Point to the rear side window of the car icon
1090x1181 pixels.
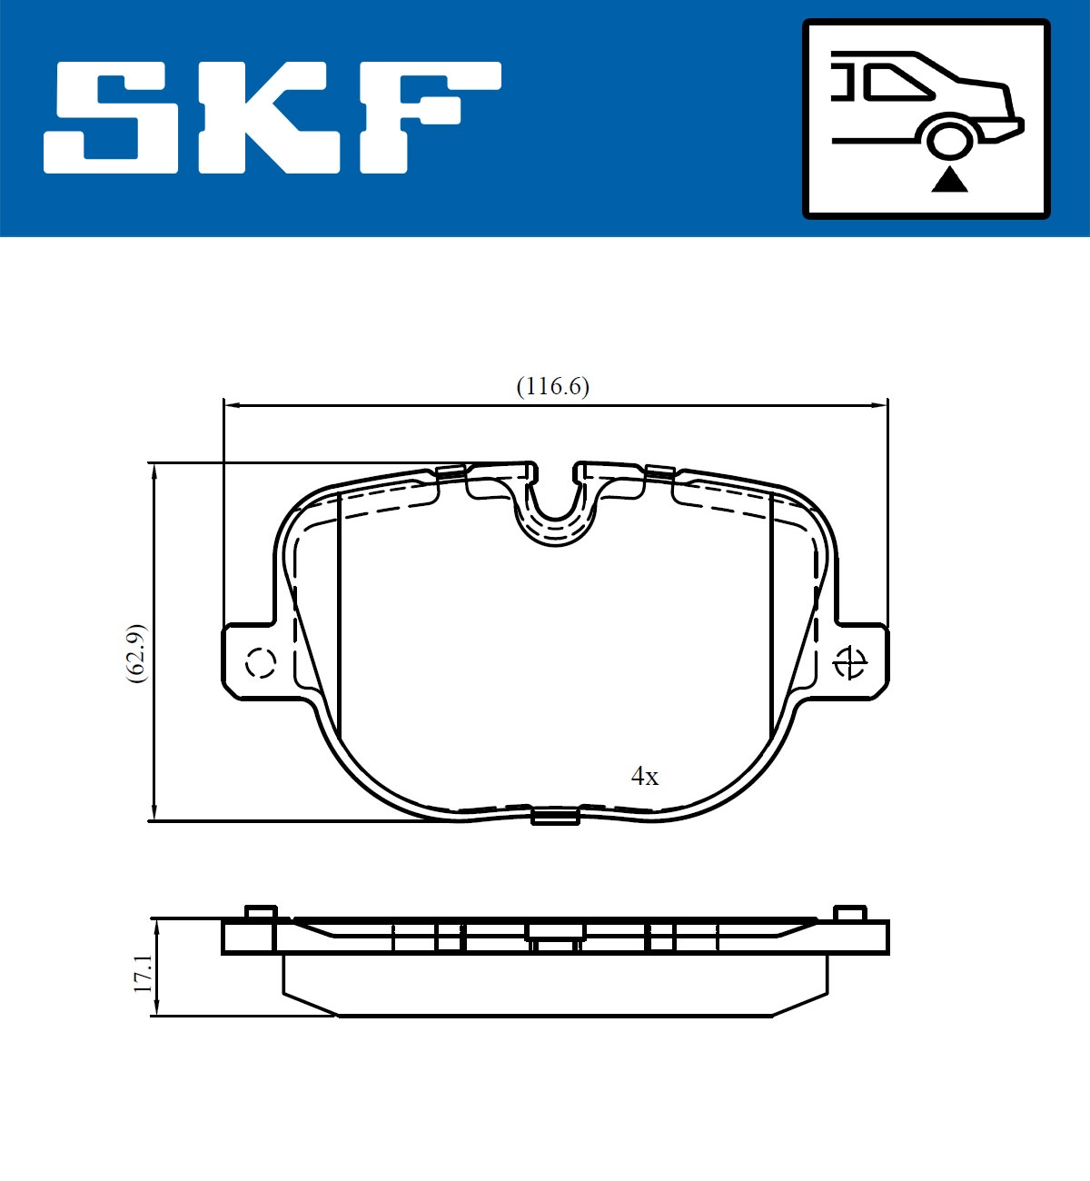click(x=895, y=82)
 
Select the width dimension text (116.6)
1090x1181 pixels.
click(x=552, y=386)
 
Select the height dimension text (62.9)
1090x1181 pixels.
click(x=135, y=653)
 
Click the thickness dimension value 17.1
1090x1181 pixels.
click(x=143, y=973)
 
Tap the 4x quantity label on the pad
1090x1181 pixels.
click(x=645, y=777)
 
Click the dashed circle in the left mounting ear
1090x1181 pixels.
click(x=261, y=663)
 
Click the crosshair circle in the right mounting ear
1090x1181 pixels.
click(x=850, y=663)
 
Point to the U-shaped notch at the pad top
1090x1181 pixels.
click(x=555, y=509)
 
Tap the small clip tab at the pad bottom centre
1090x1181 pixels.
click(x=555, y=817)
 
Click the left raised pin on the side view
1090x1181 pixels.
click(x=260, y=913)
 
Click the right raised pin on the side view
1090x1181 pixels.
click(x=850, y=913)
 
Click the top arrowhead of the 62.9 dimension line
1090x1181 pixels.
click(x=155, y=471)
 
